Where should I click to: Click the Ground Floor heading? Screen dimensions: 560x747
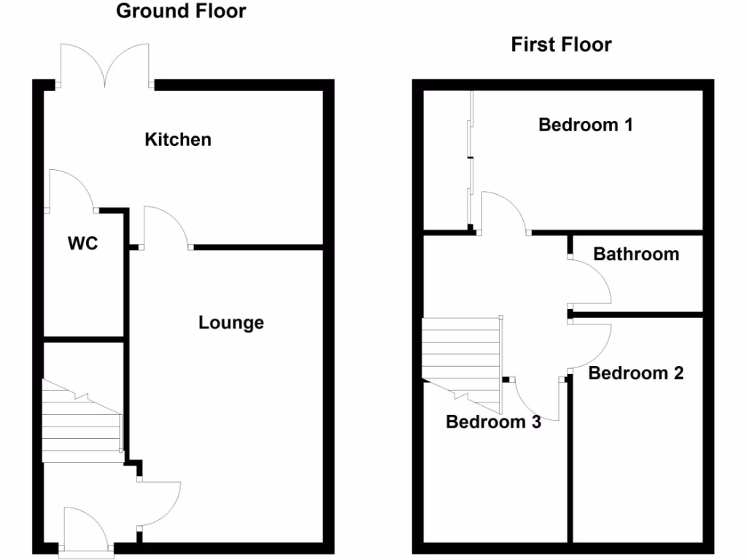tap(181, 11)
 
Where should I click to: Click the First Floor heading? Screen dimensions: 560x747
tap(561, 44)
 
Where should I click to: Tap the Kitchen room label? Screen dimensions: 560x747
tap(178, 139)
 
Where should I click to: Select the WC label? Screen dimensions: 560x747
tap(82, 244)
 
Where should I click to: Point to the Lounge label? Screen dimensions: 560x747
tap(231, 322)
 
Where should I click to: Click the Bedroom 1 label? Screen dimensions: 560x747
tap(585, 125)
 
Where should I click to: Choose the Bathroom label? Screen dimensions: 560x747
tap(635, 254)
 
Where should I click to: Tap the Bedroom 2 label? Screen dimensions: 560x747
tap(635, 373)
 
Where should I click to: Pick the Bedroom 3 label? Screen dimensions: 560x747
tap(493, 421)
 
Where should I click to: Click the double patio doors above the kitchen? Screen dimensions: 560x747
tap(107, 66)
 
